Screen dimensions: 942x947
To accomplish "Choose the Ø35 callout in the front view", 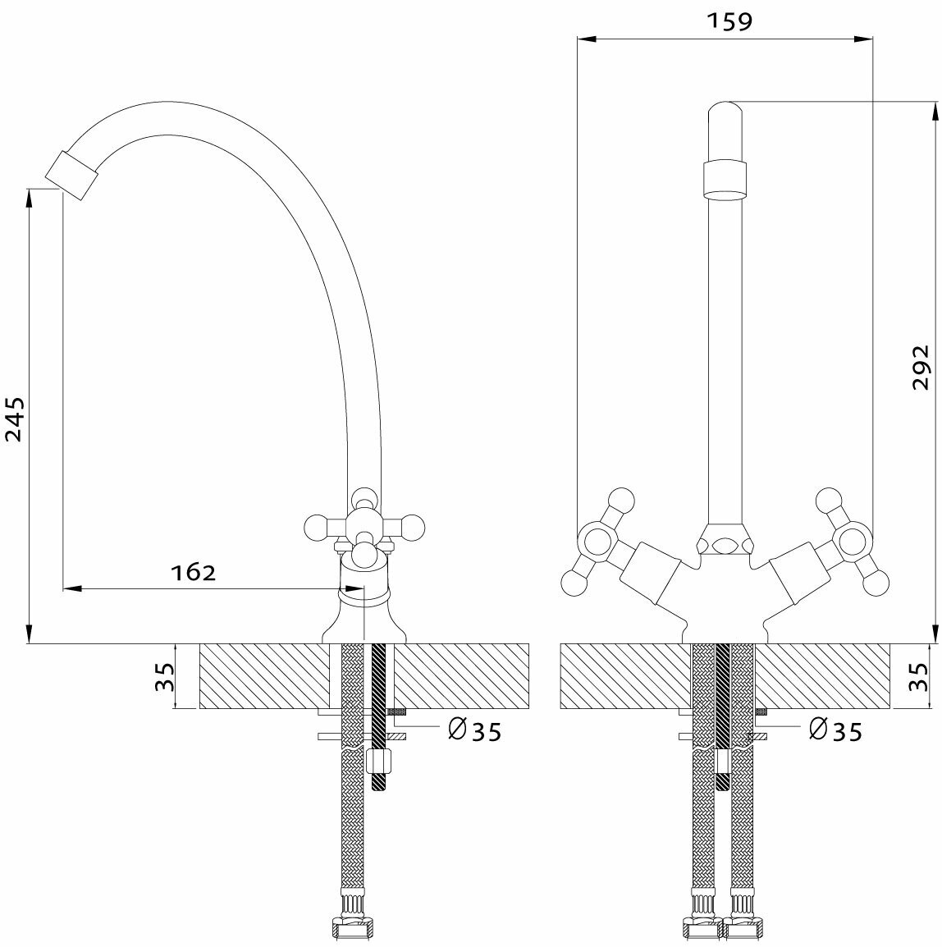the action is [835, 730].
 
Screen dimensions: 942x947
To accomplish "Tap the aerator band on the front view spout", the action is [725, 179].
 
